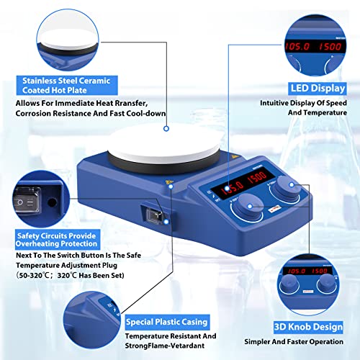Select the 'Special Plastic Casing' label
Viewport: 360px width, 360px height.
coord(166,321)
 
